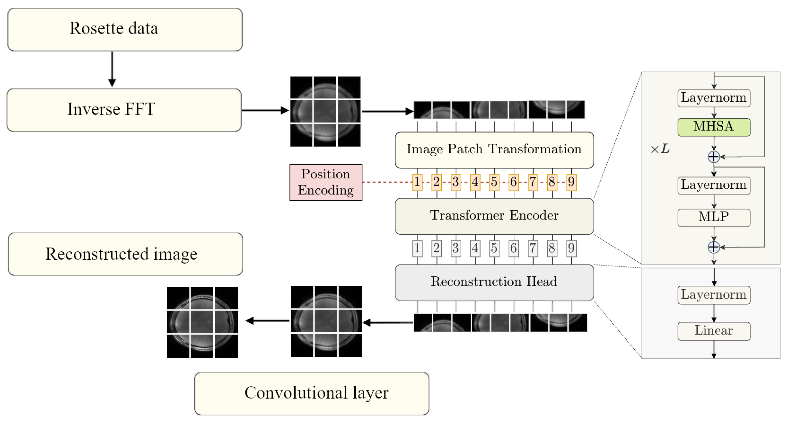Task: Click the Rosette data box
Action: (x=125, y=29)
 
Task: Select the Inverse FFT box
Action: (x=124, y=110)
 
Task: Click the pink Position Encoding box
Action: (x=326, y=182)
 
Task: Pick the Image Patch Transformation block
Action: (x=494, y=150)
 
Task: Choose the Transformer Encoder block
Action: (x=494, y=216)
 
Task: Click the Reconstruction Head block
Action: (x=494, y=282)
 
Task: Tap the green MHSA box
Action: (x=713, y=127)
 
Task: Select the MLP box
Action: (x=713, y=217)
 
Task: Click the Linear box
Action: (x=713, y=331)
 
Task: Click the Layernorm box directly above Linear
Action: (x=713, y=295)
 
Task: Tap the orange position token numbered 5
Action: (x=494, y=182)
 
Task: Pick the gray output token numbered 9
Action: (x=571, y=248)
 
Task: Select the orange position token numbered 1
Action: (x=417, y=182)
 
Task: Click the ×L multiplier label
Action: (x=660, y=150)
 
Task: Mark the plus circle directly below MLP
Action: (x=713, y=247)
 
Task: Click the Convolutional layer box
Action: (x=311, y=393)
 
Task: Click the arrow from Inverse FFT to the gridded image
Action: (x=265, y=110)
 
